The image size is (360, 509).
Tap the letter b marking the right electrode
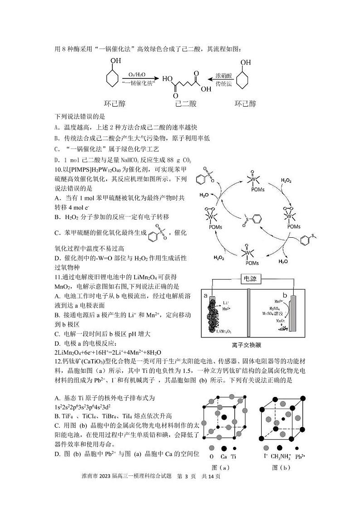pyautogui.click(x=285, y=294)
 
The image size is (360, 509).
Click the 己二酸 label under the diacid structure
pyautogui.click(x=185, y=103)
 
